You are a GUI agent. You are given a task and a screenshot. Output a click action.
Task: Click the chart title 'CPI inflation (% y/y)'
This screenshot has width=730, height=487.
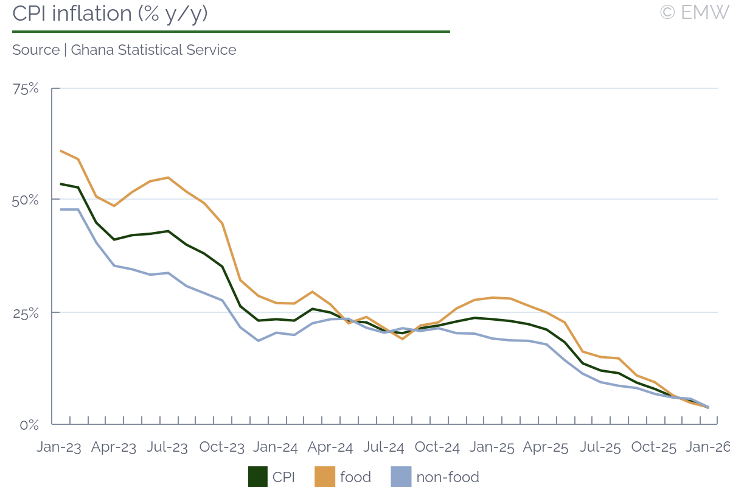click(x=110, y=13)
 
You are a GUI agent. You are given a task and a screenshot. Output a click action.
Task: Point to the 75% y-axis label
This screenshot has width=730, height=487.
click(x=26, y=89)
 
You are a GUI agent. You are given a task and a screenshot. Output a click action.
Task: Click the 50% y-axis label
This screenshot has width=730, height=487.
click(x=25, y=200)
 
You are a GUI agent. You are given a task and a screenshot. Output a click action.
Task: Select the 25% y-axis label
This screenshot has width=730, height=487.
click(x=25, y=314)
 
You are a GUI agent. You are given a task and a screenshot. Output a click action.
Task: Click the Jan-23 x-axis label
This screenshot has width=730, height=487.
click(x=59, y=447)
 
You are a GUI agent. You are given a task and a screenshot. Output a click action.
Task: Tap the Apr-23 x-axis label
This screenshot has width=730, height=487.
click(x=114, y=447)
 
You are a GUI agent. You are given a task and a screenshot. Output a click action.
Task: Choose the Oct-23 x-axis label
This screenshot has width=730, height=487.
click(x=222, y=447)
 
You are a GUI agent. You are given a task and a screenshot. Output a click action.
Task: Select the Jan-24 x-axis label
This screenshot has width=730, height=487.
click(x=276, y=447)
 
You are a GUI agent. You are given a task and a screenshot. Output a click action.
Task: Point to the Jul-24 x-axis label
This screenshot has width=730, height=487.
click(x=384, y=447)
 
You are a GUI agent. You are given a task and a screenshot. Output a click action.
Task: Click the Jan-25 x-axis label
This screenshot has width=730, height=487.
click(x=492, y=447)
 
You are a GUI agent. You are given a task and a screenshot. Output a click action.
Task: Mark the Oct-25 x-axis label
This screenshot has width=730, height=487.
click(x=654, y=447)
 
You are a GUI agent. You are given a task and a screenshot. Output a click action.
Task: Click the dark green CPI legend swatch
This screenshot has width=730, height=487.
click(x=257, y=477)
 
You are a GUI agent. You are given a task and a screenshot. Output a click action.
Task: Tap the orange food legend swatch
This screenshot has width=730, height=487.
click(x=324, y=477)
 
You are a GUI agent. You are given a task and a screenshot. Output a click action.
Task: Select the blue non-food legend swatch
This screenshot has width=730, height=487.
click(x=400, y=477)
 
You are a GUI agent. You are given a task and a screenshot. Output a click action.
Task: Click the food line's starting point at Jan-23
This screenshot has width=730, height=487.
click(x=61, y=150)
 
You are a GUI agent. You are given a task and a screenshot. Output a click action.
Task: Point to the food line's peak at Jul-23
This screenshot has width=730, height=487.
click(x=168, y=178)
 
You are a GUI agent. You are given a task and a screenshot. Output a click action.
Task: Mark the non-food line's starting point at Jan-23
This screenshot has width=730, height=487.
click(x=61, y=209)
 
